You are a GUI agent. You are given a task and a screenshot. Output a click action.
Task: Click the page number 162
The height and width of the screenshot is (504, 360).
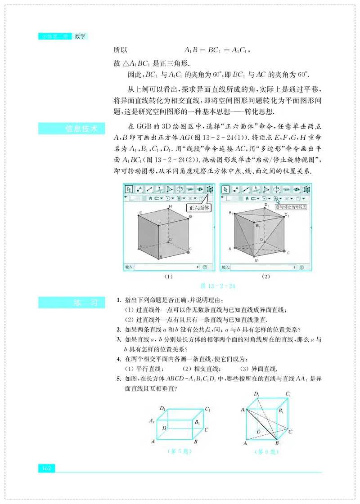46,468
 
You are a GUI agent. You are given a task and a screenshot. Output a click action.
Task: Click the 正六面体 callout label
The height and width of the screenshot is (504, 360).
197,208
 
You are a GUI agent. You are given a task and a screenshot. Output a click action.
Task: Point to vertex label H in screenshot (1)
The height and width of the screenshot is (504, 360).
171,206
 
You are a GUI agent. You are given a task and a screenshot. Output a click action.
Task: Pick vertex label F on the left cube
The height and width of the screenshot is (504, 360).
160,223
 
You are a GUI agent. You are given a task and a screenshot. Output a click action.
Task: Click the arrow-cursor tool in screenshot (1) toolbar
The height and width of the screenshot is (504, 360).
129,189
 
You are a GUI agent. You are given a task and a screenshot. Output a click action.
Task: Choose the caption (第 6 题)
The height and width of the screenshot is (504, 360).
266,451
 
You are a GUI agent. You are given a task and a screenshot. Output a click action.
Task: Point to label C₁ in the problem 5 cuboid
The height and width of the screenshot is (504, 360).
208,409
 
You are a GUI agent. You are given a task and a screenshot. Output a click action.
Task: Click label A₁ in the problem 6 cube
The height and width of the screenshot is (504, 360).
243,410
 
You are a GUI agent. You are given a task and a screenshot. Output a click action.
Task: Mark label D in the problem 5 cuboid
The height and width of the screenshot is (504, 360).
165,428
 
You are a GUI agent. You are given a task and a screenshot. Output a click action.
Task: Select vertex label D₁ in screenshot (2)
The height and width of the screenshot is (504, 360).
267,205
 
